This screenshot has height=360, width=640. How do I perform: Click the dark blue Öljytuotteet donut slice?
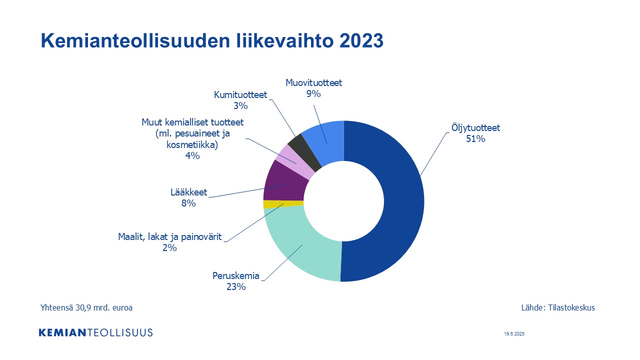click(403, 200)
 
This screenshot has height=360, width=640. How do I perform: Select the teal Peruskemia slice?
click(303, 251)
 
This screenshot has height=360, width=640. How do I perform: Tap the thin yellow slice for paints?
click(283, 204)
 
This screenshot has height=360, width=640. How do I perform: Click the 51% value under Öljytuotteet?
click(475, 139)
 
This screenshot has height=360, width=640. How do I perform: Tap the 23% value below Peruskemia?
click(236, 286)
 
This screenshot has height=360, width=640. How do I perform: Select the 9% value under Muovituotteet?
click(313, 93)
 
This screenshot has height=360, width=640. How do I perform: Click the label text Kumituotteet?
click(240, 94)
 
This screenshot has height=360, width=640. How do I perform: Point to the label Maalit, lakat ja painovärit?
click(169, 237)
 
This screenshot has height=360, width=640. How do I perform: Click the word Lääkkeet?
click(188, 192)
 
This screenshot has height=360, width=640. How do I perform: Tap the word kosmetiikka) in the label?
click(192, 145)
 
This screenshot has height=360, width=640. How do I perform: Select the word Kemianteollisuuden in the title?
click(135, 40)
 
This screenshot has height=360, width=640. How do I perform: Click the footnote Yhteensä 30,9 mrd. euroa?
click(86, 307)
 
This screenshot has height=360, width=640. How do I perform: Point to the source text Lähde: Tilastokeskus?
click(558, 307)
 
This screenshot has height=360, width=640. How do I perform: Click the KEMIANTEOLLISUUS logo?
click(95, 332)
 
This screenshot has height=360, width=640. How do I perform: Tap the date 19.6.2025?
click(514, 333)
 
